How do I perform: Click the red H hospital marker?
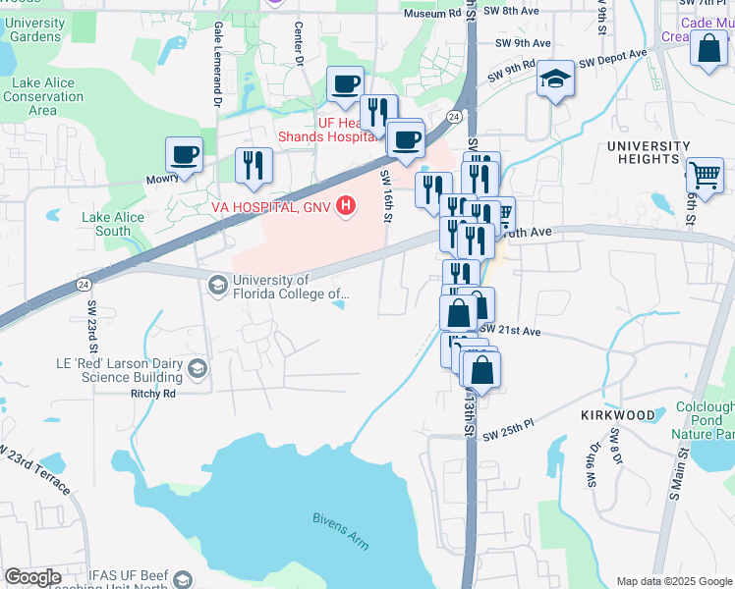click(x=345, y=206)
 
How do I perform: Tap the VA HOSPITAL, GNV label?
click(x=270, y=207)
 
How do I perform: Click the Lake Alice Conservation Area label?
click(x=42, y=96)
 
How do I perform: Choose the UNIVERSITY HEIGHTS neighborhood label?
click(x=649, y=153)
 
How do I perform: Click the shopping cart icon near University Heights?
click(x=705, y=176)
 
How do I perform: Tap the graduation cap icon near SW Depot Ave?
click(x=555, y=80)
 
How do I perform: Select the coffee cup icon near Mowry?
click(x=184, y=154)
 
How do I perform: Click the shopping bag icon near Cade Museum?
click(x=708, y=49)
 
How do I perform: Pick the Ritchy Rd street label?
click(x=152, y=394)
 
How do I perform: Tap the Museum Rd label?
click(x=431, y=13)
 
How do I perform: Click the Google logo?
click(x=32, y=577)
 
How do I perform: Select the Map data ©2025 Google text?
click(x=675, y=581)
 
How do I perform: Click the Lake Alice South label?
click(x=106, y=224)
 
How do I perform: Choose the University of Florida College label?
click(x=290, y=287)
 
